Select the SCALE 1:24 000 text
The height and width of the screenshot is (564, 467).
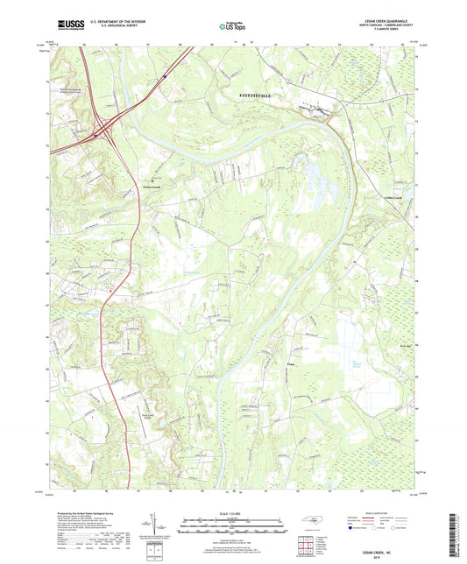click(x=233, y=512)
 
